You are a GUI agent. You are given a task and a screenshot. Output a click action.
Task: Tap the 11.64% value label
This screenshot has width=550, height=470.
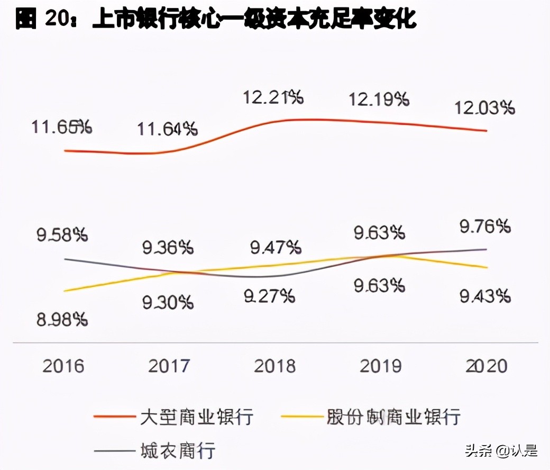point(168,129)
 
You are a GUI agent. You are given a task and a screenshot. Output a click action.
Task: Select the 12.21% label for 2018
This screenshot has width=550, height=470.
point(273,97)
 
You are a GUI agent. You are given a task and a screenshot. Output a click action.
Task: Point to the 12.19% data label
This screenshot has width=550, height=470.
point(379,99)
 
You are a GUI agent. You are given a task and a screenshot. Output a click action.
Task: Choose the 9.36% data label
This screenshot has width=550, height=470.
point(168,247)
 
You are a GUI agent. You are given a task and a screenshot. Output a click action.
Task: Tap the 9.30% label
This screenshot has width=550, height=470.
point(168,302)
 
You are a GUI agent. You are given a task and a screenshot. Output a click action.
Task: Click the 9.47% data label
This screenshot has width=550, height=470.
point(275,246)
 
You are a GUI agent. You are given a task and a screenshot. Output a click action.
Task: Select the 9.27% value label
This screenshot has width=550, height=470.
point(269,296)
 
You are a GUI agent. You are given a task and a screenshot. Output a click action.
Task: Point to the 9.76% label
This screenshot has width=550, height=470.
point(484,227)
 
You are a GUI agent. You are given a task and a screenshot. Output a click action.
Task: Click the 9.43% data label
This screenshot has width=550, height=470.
point(484,296)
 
